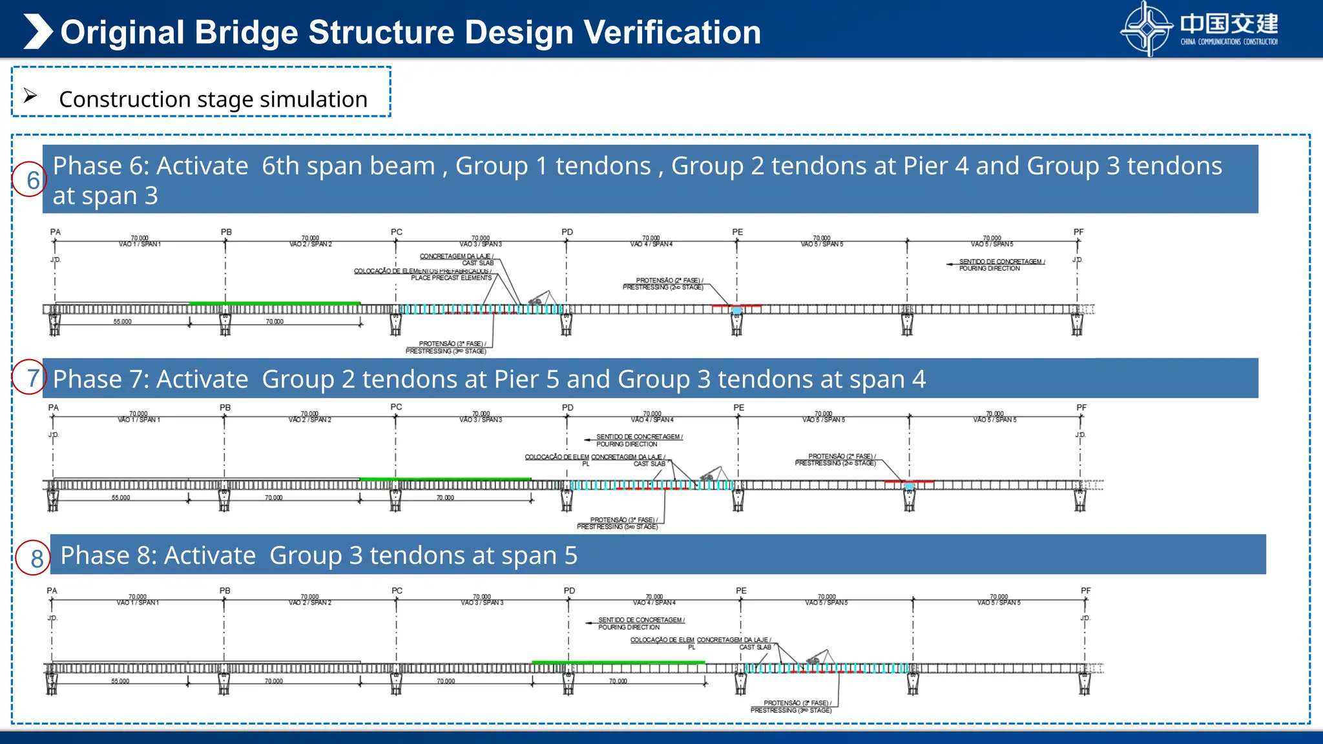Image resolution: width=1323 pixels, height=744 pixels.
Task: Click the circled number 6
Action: pyautogui.click(x=30, y=180)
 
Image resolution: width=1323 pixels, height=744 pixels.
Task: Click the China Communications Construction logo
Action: pyautogui.click(x=1199, y=28)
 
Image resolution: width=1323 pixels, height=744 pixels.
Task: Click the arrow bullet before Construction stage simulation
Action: pyautogui.click(x=30, y=96)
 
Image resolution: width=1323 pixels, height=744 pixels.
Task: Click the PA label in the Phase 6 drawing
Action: pyautogui.click(x=56, y=232)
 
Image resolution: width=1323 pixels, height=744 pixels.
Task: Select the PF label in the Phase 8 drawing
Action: pyautogui.click(x=1085, y=590)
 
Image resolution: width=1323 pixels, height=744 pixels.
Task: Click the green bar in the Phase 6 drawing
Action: pyautogui.click(x=275, y=303)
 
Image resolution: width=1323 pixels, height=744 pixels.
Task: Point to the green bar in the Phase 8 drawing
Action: pyautogui.click(x=618, y=662)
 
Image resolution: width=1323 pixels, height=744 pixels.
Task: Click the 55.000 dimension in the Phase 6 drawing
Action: pyautogui.click(x=122, y=322)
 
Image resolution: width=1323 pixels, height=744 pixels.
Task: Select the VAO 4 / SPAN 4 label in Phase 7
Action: pyautogui.click(x=652, y=420)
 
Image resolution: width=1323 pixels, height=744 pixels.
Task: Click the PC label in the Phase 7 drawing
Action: pyautogui.click(x=396, y=407)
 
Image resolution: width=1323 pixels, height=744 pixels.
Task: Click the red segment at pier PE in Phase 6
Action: pyautogui.click(x=736, y=305)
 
